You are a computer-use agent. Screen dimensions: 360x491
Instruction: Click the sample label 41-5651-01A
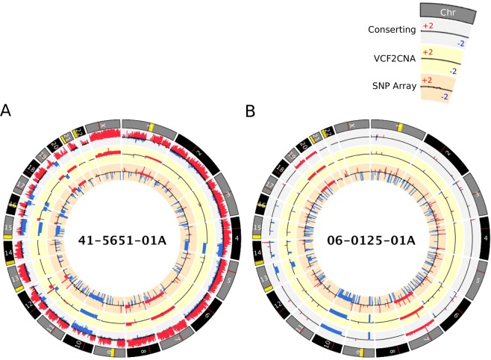122,240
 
